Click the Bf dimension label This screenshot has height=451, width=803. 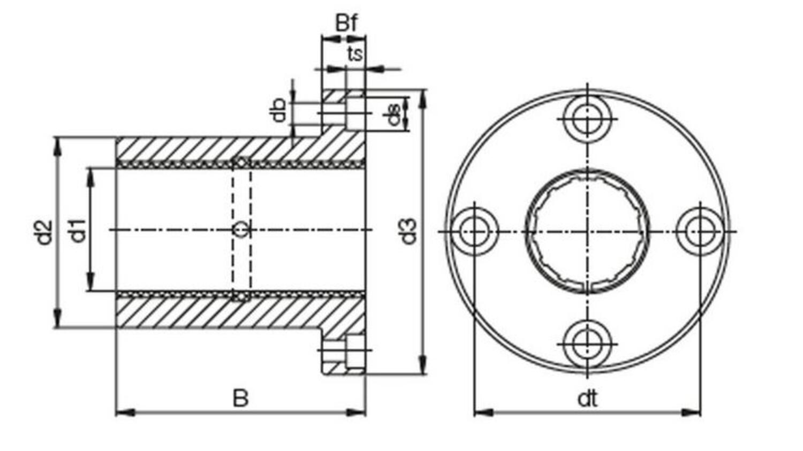346,23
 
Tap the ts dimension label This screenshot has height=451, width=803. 355,54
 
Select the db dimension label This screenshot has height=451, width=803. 278,110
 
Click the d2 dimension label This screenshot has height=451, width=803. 44,233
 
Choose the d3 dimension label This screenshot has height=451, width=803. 408,232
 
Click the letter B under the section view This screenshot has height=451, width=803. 240,398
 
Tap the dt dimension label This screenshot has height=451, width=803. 587,399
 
